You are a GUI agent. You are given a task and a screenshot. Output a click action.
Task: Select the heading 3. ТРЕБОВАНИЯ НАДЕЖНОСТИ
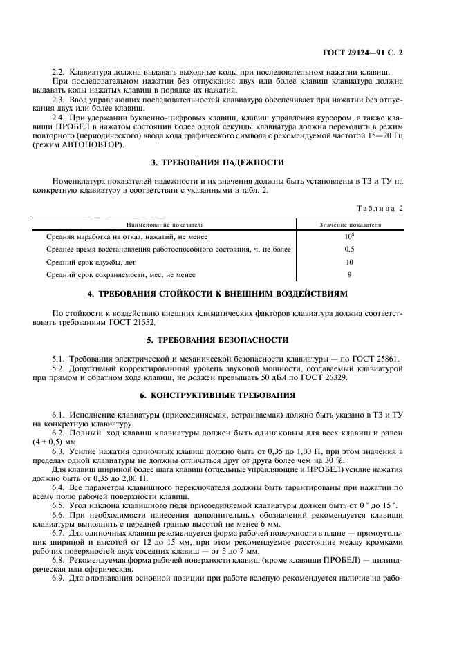coord(217,162)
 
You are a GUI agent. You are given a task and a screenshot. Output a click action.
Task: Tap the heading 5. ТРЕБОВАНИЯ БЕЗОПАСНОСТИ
coord(217,340)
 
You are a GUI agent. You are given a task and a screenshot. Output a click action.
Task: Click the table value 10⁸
coord(350,236)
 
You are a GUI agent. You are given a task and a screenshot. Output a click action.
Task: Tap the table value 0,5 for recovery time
coord(350,250)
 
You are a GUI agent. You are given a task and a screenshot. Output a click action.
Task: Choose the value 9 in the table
coord(350,274)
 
